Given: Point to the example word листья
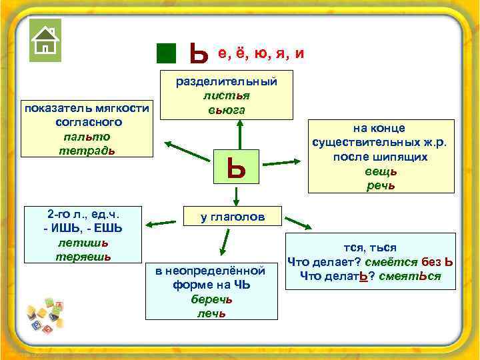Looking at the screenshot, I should (x=226, y=95).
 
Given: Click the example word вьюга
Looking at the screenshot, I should (x=226, y=109).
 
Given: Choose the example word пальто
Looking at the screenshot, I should (x=87, y=137).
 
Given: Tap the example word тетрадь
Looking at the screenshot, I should (x=87, y=150).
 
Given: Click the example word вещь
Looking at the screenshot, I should (x=380, y=171).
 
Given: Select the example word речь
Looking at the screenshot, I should (x=380, y=185).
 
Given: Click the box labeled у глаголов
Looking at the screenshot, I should (x=233, y=217).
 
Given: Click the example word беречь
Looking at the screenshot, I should (x=211, y=299).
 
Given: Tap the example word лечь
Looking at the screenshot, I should (x=211, y=313).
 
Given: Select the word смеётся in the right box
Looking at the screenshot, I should (x=401, y=262).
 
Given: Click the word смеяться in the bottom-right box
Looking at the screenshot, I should (x=409, y=276).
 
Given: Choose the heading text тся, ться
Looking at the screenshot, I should (x=370, y=247).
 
